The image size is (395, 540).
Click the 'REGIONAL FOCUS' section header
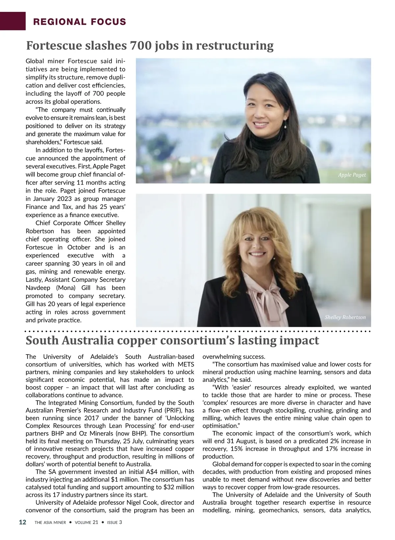point(80,22)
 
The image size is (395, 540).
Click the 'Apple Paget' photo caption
point(352,175)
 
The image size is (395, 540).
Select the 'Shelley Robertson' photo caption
point(345,317)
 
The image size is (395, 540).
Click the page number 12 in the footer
point(22,522)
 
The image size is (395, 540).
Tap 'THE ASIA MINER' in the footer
point(50,523)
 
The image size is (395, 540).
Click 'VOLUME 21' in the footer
point(86,523)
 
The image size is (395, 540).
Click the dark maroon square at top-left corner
point(13,21)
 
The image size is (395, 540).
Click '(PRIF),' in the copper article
point(185,411)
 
